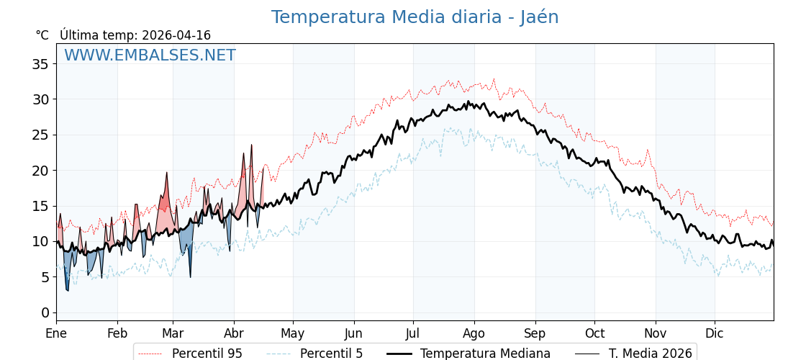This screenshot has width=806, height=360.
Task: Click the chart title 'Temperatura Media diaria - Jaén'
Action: pyautogui.click(x=415, y=17)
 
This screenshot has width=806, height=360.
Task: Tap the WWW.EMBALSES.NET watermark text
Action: pyautogui.click(x=150, y=55)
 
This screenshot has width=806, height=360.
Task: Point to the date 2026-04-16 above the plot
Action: pyautogui.click(x=176, y=35)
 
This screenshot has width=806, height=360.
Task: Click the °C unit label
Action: pyautogui.click(x=42, y=35)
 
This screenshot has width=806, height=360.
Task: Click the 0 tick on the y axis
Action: pyautogui.click(x=45, y=312)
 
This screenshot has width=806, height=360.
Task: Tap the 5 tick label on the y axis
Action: pyautogui.click(x=45, y=277)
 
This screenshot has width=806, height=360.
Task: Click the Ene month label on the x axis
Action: pyautogui.click(x=56, y=333)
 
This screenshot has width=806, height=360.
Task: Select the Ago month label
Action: pyautogui.click(x=474, y=333)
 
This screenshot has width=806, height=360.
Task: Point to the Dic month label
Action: pyautogui.click(x=715, y=333)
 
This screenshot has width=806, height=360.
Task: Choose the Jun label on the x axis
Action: pyautogui.click(x=353, y=333)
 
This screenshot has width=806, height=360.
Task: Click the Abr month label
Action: pyautogui.click(x=234, y=333)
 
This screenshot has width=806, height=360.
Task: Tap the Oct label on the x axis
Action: pyautogui.click(x=594, y=333)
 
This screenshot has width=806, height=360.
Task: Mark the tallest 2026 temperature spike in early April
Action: pyautogui.click(x=252, y=145)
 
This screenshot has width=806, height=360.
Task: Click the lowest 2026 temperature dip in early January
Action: pyautogui.click(x=68, y=290)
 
